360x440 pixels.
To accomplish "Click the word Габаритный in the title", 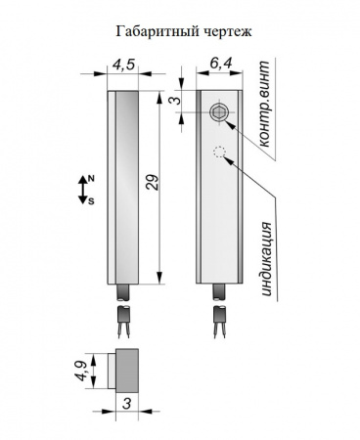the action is [157, 32].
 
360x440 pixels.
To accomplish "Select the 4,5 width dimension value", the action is [123, 65].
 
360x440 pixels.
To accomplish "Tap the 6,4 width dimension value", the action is [220, 63].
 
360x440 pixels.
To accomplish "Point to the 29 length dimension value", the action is [152, 183].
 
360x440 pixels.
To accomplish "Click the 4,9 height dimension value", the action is [80, 371].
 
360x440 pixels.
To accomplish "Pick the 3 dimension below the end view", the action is [126, 404].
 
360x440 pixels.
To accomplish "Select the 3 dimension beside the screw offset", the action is [175, 100].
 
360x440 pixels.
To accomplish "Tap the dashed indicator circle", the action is [219, 152].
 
